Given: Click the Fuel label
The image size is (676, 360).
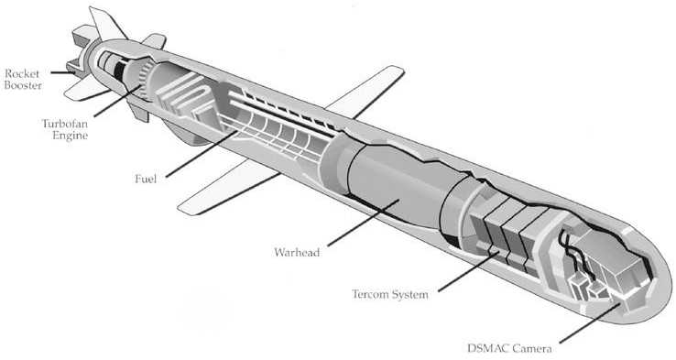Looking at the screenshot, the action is point(145,180).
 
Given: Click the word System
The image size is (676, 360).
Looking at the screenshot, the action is point(414,295).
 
